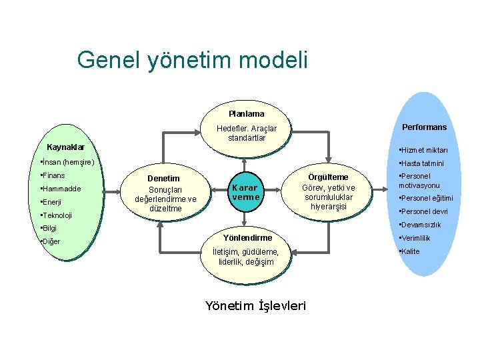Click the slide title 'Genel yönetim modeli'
[192, 59]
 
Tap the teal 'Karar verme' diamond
[245, 193]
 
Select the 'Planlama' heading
[246, 113]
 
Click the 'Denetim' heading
[163, 179]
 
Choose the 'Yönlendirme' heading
[247, 238]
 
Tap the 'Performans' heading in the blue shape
[424, 127]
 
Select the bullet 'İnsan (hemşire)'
[68, 162]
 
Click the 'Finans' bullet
[53, 175]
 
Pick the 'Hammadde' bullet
[61, 189]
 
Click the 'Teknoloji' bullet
[57, 215]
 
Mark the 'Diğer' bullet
[51, 241]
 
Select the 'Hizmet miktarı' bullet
[424, 150]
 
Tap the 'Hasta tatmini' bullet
[421, 163]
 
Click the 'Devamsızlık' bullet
[419, 225]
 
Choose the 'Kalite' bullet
[409, 251]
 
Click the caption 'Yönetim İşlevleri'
[255, 306]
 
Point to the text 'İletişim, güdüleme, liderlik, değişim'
[246, 257]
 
